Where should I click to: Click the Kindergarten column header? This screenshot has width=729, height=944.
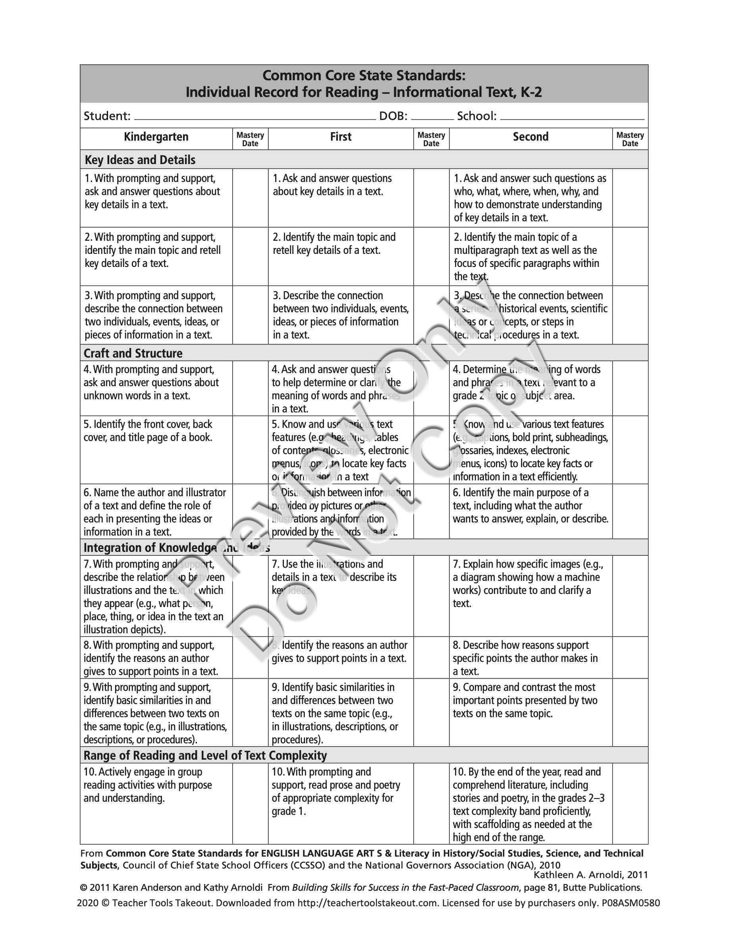tap(156, 137)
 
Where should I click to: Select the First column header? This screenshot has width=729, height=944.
tap(341, 137)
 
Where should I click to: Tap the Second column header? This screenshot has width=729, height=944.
tap(530, 137)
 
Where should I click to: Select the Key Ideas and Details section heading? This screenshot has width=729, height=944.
tap(140, 160)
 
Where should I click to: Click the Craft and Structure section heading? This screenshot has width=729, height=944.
tap(133, 353)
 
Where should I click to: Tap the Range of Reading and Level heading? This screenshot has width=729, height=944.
tap(205, 755)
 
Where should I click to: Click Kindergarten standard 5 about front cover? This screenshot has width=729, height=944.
tap(148, 431)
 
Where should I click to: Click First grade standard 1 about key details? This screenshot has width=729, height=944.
tap(332, 185)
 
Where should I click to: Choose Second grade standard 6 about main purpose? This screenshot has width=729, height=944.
tap(530, 505)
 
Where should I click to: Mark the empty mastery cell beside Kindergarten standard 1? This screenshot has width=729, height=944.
tap(250, 197)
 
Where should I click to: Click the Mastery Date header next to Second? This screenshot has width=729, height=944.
tap(630, 139)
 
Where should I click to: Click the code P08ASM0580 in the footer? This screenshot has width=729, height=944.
tap(631, 903)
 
